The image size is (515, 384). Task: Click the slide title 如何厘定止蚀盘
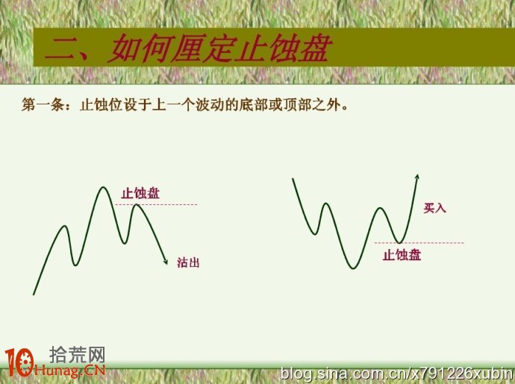pos(220,48)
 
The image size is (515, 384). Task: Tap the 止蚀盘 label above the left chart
pos(140,193)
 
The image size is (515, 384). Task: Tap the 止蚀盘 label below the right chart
pos(402,255)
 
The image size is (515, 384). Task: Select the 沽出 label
pos(188,262)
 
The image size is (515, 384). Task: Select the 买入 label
pos(434,208)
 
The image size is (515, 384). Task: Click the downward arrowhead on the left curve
pos(166,261)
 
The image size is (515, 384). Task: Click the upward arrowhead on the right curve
pos(417,177)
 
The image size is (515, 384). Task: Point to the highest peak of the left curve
pos(103,187)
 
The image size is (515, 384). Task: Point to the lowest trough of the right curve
pos(353,268)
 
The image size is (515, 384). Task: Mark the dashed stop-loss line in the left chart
pos(156,204)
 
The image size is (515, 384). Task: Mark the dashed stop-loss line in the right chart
pos(419,243)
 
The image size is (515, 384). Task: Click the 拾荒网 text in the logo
pos(77,355)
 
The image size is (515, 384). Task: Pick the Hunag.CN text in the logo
pos(70,371)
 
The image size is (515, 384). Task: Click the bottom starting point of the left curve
pos(34,295)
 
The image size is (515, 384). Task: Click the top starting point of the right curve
pos(293,178)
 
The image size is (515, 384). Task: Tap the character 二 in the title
pos(63,50)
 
